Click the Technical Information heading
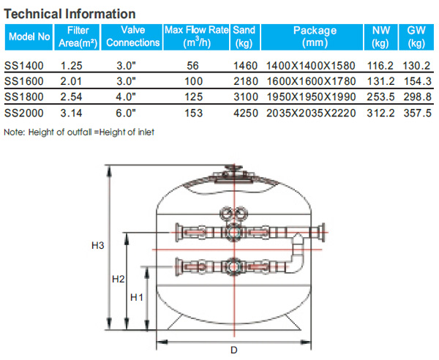pos(70,14)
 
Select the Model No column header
pos(29,37)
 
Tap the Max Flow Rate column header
pos(197,37)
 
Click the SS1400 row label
pos(24,66)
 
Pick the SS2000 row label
pos(24,113)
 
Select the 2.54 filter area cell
pos(72,97)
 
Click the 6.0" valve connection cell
pos(126,113)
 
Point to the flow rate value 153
pos(193,113)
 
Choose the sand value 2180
pos(246,81)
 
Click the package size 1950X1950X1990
pos(312,97)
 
